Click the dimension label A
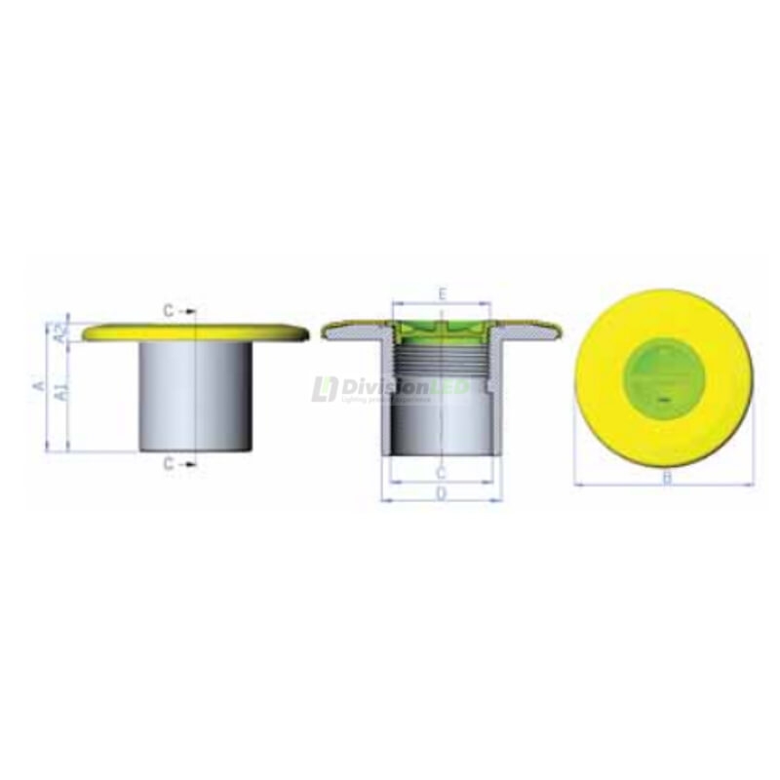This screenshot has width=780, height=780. pos(38,386)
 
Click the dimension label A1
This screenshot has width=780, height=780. pos(60,394)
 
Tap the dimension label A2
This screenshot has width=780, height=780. pos(60,333)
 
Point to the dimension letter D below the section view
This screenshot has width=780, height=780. pos(441,493)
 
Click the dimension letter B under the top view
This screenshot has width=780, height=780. pos(667,477)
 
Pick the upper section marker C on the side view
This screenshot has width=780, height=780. pos(169,311)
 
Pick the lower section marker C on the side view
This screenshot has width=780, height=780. pos(169,464)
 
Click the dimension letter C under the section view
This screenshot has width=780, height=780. pos(441,474)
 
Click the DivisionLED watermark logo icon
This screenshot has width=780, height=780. pos(324,389)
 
